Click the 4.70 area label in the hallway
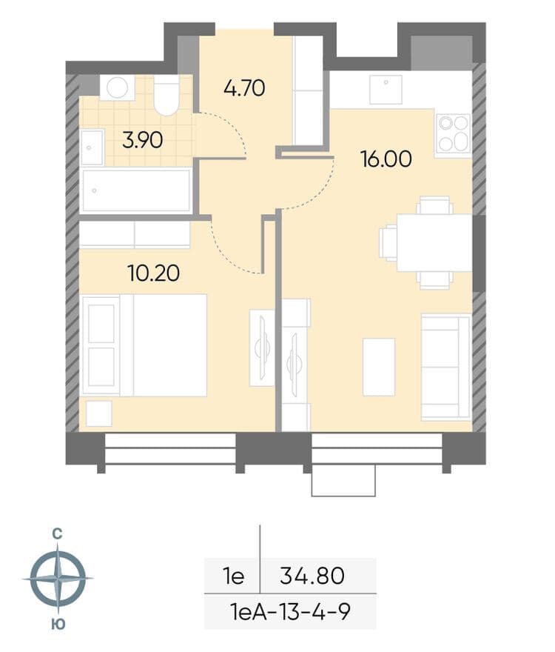pyautogui.click(x=244, y=88)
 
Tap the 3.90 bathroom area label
pyautogui.click(x=143, y=140)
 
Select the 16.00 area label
pyautogui.click(x=386, y=159)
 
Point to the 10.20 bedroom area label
pyautogui.click(x=154, y=273)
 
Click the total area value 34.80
pyautogui.click(x=312, y=576)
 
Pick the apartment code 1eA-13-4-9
pyautogui.click(x=290, y=612)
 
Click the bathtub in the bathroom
pyautogui.click(x=136, y=191)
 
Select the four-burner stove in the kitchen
pyautogui.click(x=453, y=133)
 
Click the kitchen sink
pyautogui.click(x=386, y=90)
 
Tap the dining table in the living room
pyautogui.click(x=434, y=243)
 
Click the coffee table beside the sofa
pyautogui.click(x=379, y=367)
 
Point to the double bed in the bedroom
pyautogui.click(x=144, y=345)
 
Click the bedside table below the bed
pyautogui.click(x=98, y=413)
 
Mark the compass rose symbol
pyautogui.click(x=58, y=579)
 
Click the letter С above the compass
pyautogui.click(x=57, y=534)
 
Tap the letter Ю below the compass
pyautogui.click(x=58, y=624)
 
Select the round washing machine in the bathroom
pyautogui.click(x=117, y=87)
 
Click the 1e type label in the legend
pyautogui.click(x=234, y=576)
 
